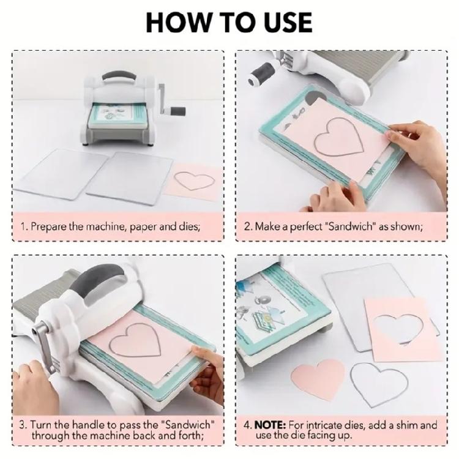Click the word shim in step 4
pos(408,425)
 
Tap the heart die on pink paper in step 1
pos(190,181)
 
